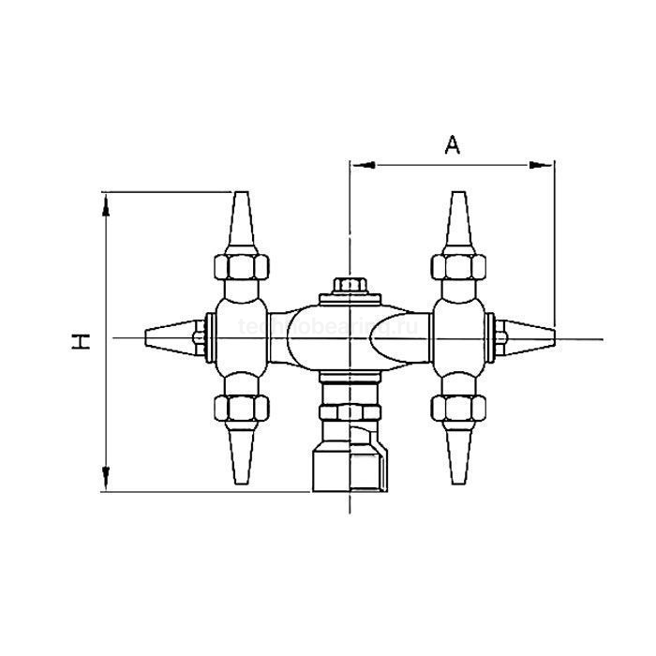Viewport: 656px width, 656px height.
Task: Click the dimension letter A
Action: point(453,144)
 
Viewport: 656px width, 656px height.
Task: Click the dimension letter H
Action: point(83,341)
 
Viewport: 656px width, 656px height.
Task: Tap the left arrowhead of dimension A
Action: point(362,165)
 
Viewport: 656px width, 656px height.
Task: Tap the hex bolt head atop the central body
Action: point(350,285)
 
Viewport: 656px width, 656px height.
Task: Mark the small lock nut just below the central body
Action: point(349,412)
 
